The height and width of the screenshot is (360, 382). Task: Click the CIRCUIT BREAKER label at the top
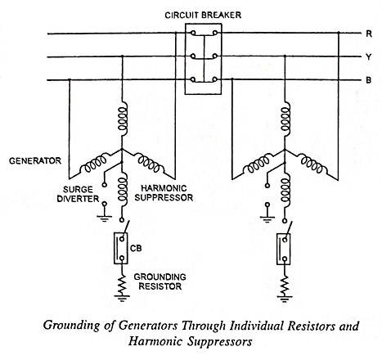click(x=203, y=15)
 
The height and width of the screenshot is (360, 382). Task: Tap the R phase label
click(x=369, y=34)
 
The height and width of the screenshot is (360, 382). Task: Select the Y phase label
click(x=369, y=57)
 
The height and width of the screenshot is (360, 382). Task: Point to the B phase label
click(x=369, y=80)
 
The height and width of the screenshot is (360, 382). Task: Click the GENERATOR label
click(x=35, y=160)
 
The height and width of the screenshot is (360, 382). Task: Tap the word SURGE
click(x=78, y=189)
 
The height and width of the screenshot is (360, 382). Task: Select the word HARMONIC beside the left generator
click(x=164, y=188)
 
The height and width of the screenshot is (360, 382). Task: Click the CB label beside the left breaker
click(x=136, y=249)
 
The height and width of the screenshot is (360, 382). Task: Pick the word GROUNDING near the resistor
click(x=160, y=277)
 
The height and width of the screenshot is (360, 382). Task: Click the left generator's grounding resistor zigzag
click(x=122, y=283)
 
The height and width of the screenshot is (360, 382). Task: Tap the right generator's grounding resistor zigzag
click(x=285, y=284)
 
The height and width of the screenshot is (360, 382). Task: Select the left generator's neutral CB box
click(x=121, y=248)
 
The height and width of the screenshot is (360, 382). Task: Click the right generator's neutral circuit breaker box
click(x=284, y=249)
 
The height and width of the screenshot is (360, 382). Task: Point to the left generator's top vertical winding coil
click(x=123, y=119)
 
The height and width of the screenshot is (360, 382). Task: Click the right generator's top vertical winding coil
click(x=285, y=119)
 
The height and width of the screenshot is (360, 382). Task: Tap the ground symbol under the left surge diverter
click(x=104, y=218)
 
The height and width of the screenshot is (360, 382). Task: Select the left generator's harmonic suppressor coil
click(x=123, y=190)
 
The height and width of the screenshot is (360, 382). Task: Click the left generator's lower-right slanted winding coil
click(x=150, y=163)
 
